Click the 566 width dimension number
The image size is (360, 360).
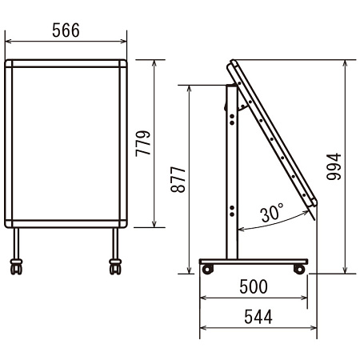click(x=66, y=30)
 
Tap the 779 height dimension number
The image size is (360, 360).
click(x=143, y=143)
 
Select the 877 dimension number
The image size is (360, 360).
click(x=178, y=179)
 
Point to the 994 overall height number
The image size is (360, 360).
click(x=334, y=166)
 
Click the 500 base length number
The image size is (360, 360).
click(x=254, y=286)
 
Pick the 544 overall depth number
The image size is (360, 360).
click(x=258, y=317)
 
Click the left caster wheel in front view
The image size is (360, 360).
click(x=16, y=266)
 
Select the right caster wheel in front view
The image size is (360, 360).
click(x=115, y=266)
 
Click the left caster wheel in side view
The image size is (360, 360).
click(x=208, y=269)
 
